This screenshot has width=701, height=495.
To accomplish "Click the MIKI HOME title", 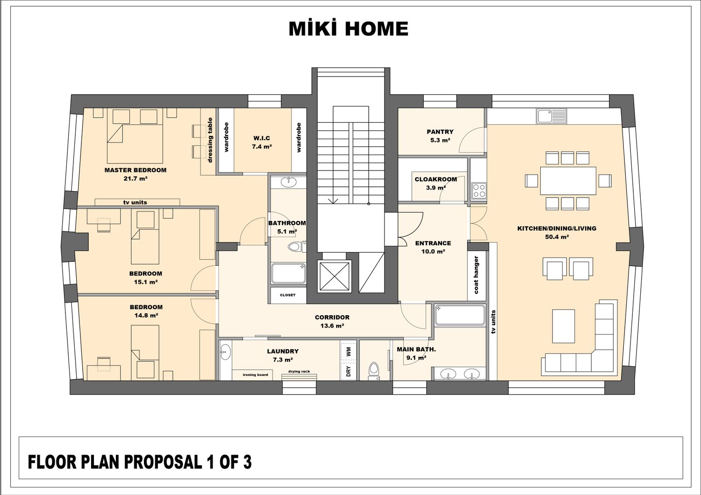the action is click(x=348, y=28).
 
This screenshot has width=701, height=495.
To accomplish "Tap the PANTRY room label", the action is click(x=440, y=132).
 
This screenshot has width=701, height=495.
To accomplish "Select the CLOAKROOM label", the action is click(x=436, y=179).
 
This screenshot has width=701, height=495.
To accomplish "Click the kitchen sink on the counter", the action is click(x=551, y=116).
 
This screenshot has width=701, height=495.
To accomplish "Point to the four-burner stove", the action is click(x=479, y=191).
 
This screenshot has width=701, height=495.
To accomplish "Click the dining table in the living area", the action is click(x=568, y=181).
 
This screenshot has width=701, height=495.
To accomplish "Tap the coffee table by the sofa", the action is click(x=563, y=326).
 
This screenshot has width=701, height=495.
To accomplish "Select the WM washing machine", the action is click(x=348, y=351).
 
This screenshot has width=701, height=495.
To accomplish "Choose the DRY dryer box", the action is click(x=348, y=371).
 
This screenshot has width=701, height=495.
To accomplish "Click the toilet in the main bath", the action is click(x=374, y=371).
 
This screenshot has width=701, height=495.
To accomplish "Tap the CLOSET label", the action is click(x=287, y=295).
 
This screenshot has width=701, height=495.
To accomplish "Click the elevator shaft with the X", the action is click(x=335, y=277).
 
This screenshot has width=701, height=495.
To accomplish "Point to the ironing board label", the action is click(x=255, y=375).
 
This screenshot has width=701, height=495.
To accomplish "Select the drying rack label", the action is click(x=299, y=372).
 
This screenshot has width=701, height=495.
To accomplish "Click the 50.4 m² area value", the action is click(x=557, y=237).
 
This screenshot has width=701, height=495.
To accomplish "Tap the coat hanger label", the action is click(x=476, y=275).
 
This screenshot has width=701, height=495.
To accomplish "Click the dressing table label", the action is click(x=210, y=140).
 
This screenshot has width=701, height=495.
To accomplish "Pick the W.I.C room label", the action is click(x=262, y=138).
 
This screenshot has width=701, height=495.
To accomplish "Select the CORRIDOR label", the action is click(x=332, y=318).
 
